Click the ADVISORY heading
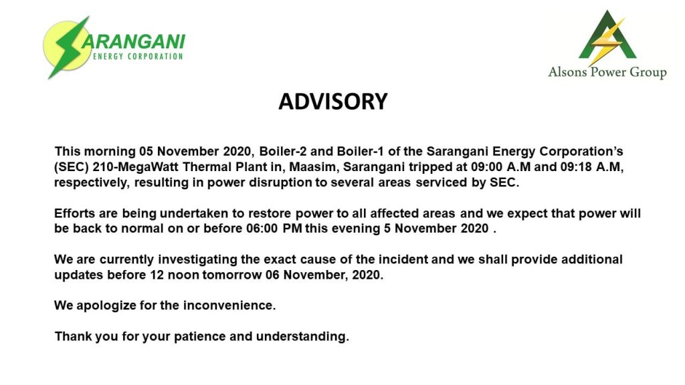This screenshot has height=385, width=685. click(x=333, y=102)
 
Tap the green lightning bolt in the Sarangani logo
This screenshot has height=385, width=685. click(x=69, y=48)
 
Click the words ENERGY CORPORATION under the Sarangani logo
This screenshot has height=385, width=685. click(x=138, y=56)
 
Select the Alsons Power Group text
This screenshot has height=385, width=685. click(x=607, y=72)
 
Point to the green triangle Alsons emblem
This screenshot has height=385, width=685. click(x=607, y=37)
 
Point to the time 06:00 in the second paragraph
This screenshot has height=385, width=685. click(x=262, y=229)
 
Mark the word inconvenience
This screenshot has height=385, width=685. click(x=229, y=305)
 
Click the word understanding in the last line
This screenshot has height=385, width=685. click(x=302, y=337)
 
